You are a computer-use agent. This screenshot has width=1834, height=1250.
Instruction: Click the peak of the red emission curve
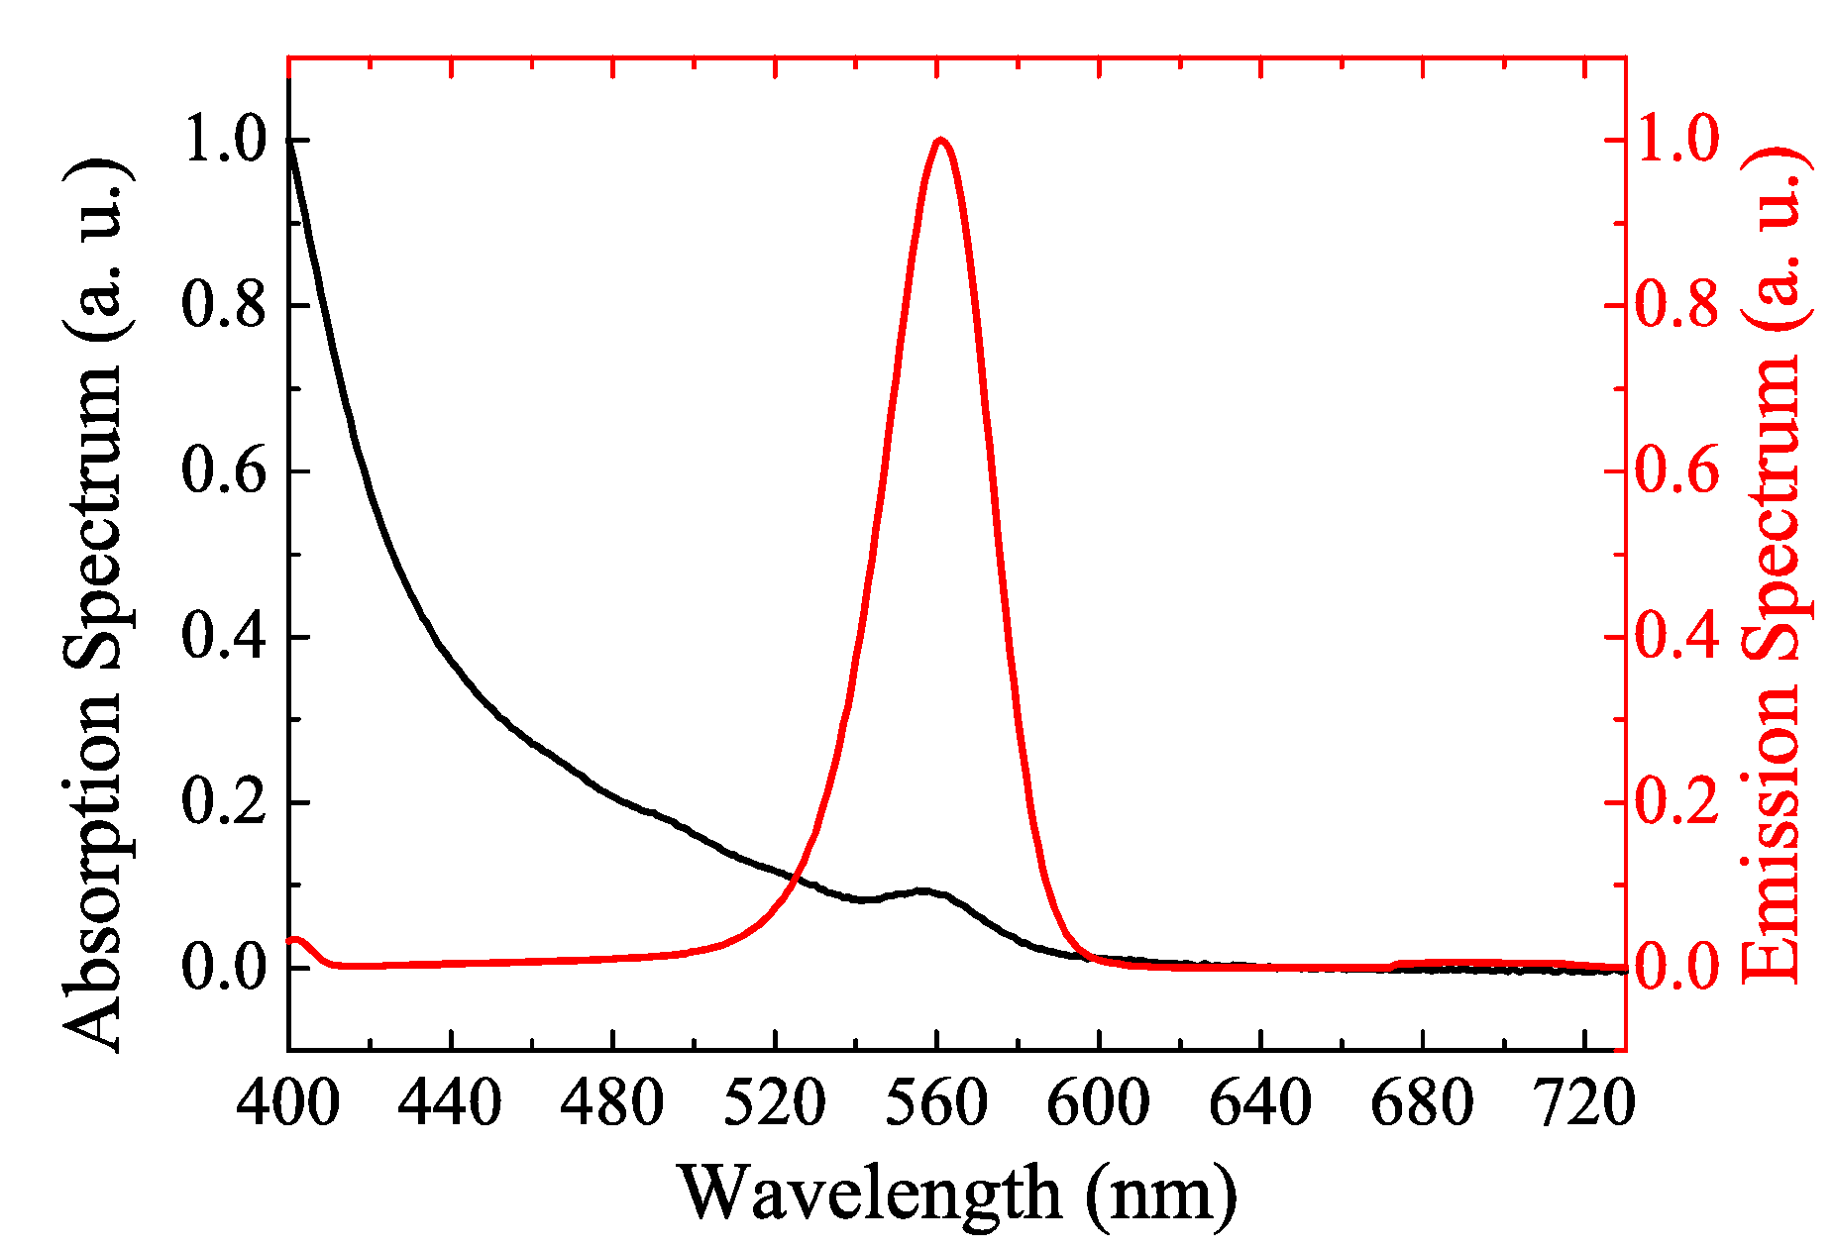[939, 141]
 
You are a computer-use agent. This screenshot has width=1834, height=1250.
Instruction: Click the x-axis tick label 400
[287, 1103]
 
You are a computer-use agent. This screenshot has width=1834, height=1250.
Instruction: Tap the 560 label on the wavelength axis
[936, 1103]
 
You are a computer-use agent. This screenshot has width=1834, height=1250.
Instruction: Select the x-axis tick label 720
[1583, 1103]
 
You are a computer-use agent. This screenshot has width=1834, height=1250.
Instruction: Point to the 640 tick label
[1260, 1103]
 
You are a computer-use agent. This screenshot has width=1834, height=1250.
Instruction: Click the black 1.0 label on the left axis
[225, 141]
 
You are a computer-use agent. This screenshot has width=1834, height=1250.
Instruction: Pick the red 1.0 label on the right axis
[1677, 141]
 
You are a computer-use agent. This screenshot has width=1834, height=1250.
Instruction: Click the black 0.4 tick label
[225, 636]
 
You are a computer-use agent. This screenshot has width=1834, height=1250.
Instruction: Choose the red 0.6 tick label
[1677, 470]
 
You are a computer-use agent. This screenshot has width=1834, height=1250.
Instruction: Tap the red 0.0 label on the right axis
[1677, 967]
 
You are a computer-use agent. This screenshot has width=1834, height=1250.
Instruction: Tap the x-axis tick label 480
[611, 1103]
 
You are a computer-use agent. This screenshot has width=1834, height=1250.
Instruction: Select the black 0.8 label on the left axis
[225, 305]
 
